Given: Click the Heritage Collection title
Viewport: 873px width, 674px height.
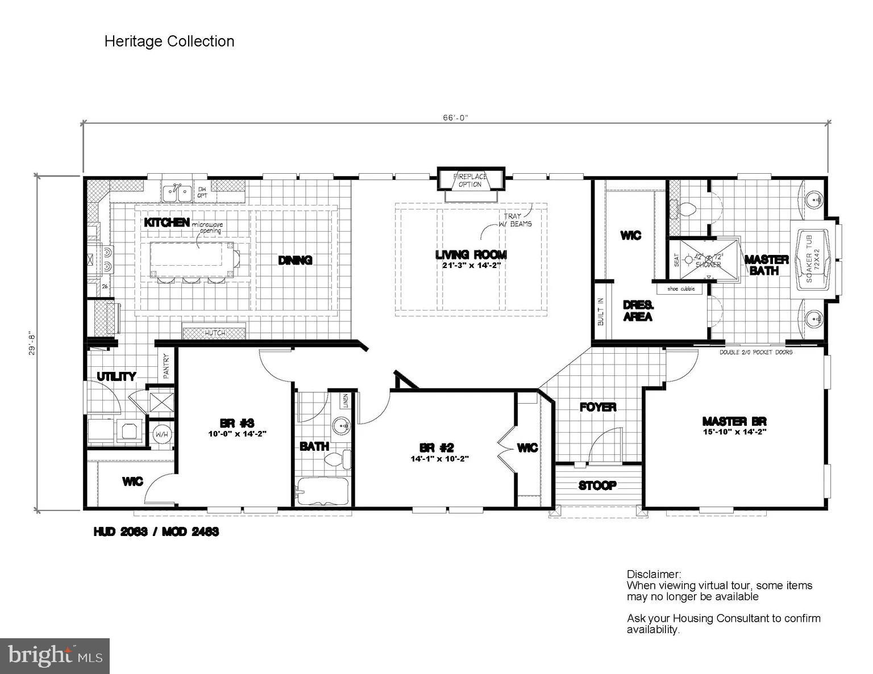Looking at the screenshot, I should click(169, 41).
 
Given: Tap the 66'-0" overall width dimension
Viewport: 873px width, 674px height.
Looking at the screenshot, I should click(455, 118).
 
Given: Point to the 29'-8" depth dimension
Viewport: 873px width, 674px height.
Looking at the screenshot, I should click(33, 343).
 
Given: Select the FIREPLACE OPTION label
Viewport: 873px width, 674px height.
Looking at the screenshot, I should click(470, 181).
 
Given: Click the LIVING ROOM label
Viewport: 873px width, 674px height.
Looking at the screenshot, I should click(471, 255).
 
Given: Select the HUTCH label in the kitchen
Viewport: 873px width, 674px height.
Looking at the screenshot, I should click(214, 333).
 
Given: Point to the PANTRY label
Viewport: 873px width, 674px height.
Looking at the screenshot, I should click(167, 366).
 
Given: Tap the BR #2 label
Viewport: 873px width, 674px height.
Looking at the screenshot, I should click(436, 447).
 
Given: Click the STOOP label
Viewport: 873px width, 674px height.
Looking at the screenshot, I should click(597, 485).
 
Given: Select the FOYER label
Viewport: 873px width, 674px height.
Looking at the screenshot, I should click(598, 407).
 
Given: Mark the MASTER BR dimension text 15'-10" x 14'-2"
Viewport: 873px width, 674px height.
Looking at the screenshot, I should click(734, 432).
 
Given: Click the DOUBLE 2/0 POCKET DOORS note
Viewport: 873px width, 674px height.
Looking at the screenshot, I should click(756, 352).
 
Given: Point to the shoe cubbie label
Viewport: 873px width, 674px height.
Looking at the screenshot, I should click(680, 289).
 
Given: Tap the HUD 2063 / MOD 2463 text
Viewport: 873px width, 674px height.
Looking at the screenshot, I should click(156, 532).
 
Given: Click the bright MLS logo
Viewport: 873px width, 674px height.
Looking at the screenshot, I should click(55, 656).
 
